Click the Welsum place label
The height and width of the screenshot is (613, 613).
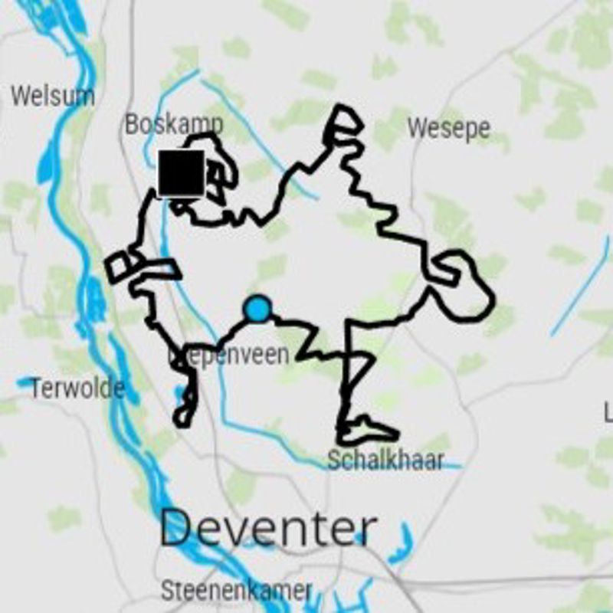click(53, 97)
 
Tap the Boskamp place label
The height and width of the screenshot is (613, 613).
click(174, 123)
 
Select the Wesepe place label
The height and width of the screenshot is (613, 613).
click(448, 128)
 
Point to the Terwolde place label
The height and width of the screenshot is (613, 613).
click(77, 388)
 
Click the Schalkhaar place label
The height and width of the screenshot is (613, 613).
click(385, 461)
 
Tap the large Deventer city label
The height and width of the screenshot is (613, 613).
click(268, 529)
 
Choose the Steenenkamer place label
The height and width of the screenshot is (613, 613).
click(237, 591)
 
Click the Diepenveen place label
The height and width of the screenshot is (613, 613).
click(230, 355)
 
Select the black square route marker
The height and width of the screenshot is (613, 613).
click(182, 172)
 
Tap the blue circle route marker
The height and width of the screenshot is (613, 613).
click(257, 309)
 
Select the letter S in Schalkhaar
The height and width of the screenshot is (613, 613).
click(333, 461)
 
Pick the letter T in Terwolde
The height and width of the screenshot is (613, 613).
click(35, 388)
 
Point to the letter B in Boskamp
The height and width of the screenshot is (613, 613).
click(133, 123)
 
